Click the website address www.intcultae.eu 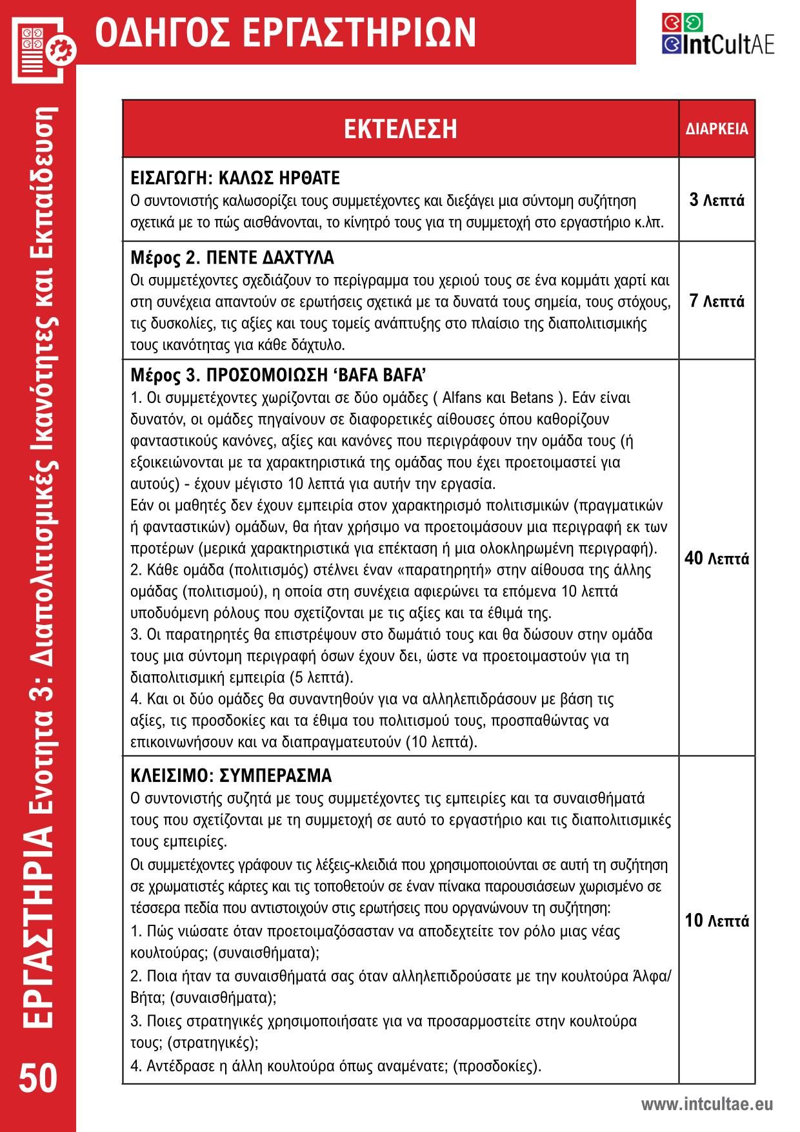[706, 1104]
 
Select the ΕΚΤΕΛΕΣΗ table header [400, 129]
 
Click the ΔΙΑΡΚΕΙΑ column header [717, 129]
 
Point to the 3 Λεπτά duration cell [717, 200]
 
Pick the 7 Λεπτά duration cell [717, 301]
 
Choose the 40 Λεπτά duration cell [717, 558]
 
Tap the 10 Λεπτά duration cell [717, 921]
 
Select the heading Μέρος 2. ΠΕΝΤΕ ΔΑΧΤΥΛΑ [232, 258]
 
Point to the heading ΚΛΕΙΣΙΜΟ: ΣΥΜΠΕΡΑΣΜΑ [231, 775]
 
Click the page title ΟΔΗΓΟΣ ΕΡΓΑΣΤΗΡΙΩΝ [285, 32]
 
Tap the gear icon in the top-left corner [65, 48]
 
